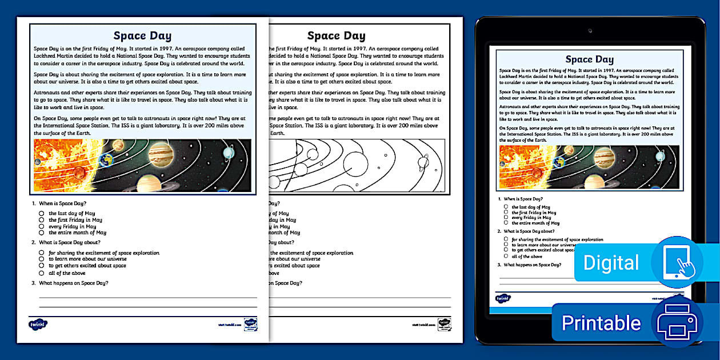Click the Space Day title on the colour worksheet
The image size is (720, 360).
click(x=142, y=36)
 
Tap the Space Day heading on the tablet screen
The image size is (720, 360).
click(x=589, y=59)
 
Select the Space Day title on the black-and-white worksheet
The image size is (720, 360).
click(x=336, y=36)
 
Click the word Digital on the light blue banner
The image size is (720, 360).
click(x=611, y=263)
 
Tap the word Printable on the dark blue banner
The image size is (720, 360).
click(x=601, y=323)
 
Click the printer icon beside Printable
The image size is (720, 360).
click(x=677, y=322)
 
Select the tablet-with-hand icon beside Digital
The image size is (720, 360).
click(x=677, y=262)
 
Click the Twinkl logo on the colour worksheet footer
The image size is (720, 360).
click(x=38, y=324)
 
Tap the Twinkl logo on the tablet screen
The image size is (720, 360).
click(x=503, y=298)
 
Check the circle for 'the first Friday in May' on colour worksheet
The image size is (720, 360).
click(x=42, y=220)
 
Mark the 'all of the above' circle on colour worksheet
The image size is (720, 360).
click(x=42, y=273)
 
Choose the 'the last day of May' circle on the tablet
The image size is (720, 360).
click(x=506, y=207)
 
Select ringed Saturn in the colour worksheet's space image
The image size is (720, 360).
click(x=150, y=182)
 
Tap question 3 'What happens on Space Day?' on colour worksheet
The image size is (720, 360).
click(x=73, y=283)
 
